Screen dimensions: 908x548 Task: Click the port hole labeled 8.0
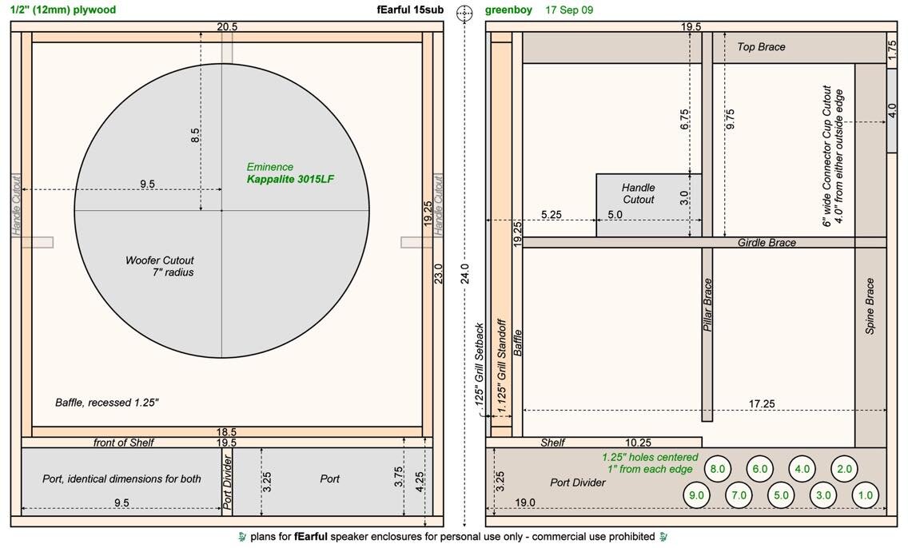(718, 469)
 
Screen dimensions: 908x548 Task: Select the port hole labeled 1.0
(865, 495)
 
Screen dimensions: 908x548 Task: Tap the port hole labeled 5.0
(781, 495)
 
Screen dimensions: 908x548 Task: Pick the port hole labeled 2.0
(844, 469)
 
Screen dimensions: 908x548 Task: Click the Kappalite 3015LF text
(290, 180)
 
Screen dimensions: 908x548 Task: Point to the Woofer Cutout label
(160, 260)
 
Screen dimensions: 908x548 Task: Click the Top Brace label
(761, 47)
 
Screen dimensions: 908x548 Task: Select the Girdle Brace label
(767, 243)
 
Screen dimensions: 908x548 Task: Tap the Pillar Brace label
(707, 305)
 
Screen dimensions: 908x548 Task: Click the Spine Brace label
(870, 306)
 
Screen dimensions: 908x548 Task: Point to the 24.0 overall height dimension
(464, 274)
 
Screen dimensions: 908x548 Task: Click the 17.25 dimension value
(762, 404)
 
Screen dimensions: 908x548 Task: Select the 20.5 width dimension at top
(227, 26)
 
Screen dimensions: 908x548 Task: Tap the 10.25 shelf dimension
(638, 443)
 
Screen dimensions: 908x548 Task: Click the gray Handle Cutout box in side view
(649, 205)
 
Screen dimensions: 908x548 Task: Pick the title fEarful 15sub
(410, 10)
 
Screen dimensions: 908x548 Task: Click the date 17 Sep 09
(569, 10)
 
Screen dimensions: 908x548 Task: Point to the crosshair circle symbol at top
(464, 14)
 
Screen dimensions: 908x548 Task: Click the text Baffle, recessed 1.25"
(107, 402)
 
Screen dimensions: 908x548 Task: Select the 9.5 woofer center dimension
(147, 184)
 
